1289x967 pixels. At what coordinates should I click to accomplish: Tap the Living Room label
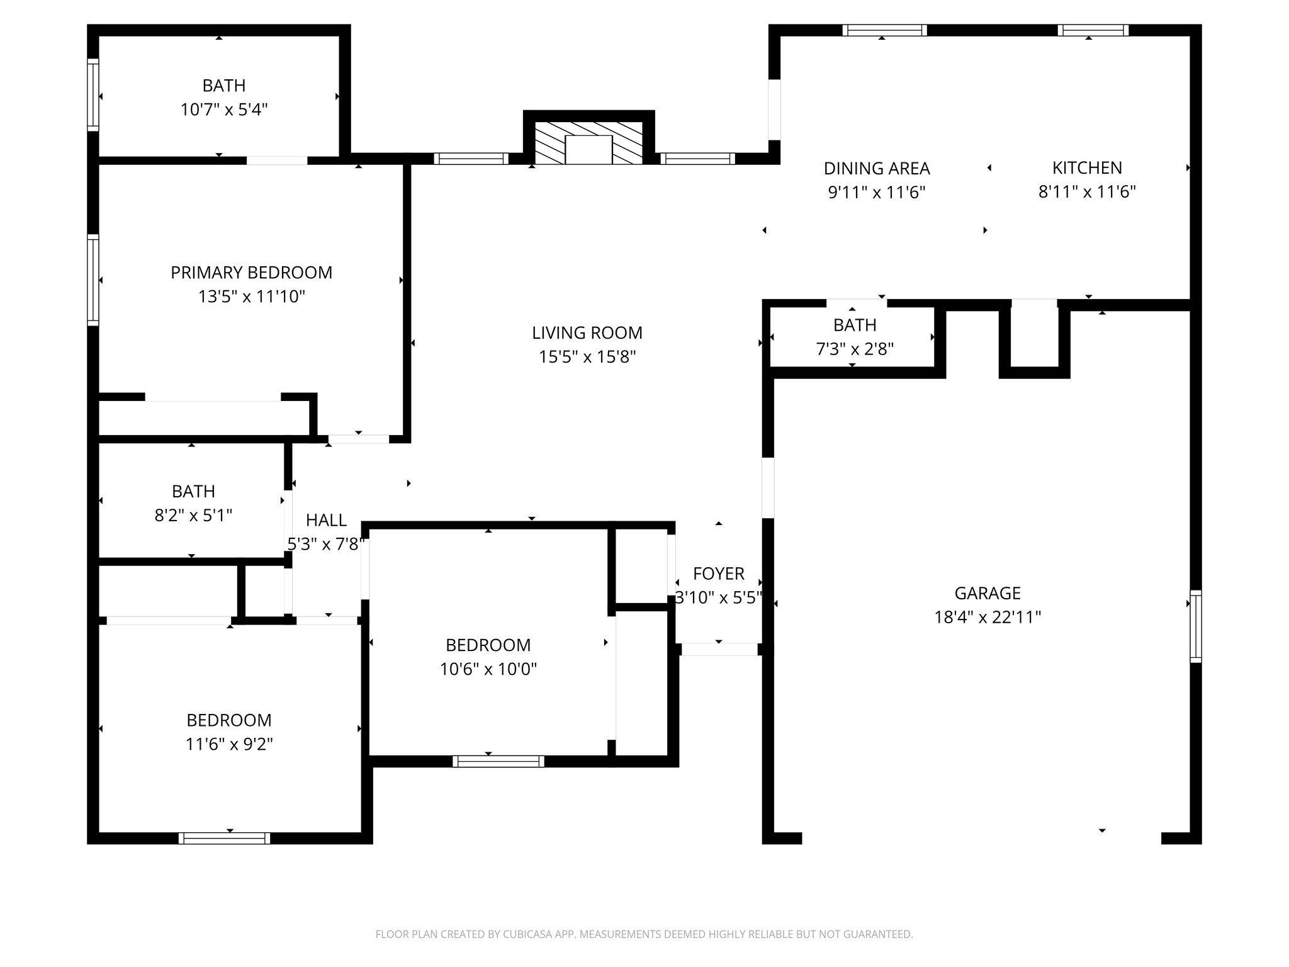pos(587,332)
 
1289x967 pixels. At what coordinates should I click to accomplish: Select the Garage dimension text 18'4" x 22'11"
pos(988,617)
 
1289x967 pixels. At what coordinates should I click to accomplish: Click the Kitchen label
pos(1087,168)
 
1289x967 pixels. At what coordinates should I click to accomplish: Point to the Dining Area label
pos(877,169)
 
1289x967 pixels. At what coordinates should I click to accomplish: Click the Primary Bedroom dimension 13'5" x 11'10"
pos(252,297)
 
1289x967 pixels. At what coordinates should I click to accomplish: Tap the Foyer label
pos(719,574)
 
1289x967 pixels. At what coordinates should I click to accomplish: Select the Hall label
pos(326,520)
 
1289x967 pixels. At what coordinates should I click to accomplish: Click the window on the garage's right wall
pos(1195,626)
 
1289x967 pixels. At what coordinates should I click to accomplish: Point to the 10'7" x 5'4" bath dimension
pos(224,110)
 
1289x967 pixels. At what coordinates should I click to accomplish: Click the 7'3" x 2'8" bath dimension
pos(855,349)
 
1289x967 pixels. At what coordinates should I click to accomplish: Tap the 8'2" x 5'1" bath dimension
pos(193,516)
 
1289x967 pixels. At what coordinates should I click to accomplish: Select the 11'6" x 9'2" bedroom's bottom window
pos(224,838)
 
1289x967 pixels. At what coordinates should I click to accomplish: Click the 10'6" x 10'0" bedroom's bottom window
pos(498,761)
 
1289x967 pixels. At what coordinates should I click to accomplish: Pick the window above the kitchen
pos(1093,30)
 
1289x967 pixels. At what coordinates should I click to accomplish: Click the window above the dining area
pos(884,30)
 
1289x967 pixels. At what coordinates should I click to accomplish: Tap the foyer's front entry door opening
pos(719,649)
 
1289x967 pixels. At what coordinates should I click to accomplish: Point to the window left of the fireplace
pos(471,159)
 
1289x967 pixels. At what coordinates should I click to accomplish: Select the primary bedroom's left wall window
pos(93,280)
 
